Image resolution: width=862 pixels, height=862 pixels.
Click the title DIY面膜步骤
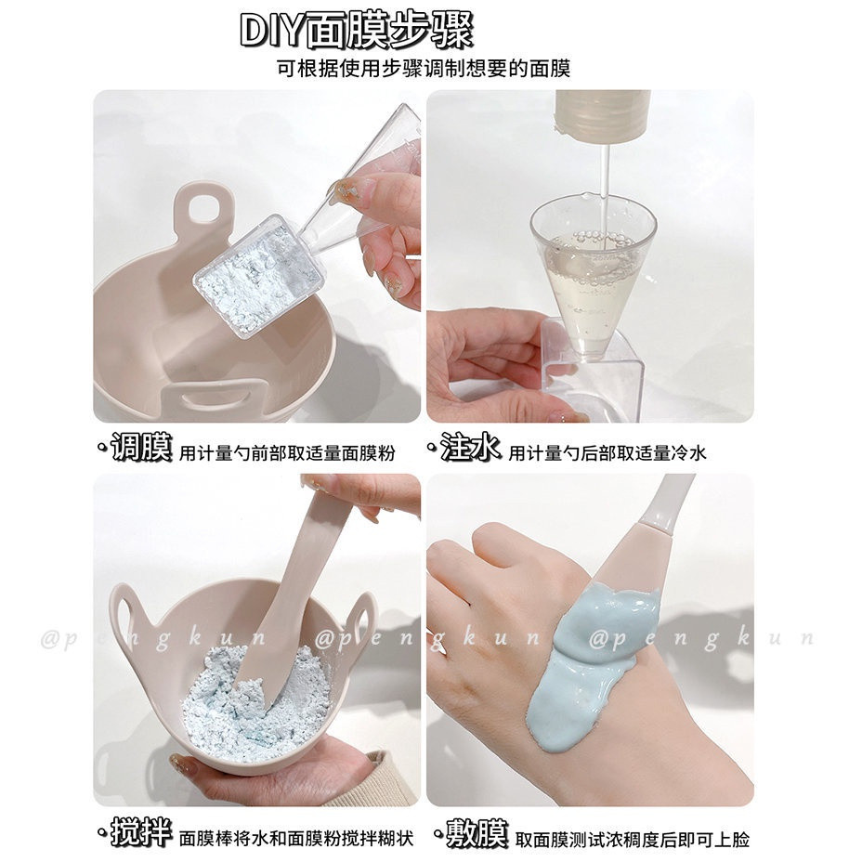357,31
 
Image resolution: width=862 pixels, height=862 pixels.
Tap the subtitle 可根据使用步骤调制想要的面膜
424,68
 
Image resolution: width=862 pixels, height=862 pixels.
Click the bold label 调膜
142,447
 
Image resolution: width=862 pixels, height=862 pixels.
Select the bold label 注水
470,447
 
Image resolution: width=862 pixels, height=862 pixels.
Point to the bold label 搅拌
142,832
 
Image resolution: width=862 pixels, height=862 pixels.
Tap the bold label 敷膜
477,833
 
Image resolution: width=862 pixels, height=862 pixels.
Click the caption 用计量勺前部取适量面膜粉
287,453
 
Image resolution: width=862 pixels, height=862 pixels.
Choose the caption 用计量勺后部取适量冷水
607,453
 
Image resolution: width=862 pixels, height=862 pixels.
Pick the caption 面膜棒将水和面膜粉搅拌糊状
296,839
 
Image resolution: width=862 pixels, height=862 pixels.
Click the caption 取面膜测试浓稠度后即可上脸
633,840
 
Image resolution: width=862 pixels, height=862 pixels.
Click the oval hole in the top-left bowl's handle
203,208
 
